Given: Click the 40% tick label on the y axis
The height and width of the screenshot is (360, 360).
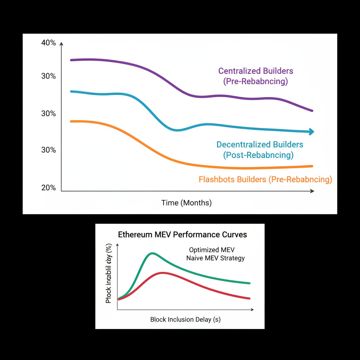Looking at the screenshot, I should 49,43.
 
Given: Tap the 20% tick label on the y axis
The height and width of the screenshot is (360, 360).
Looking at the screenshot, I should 49,188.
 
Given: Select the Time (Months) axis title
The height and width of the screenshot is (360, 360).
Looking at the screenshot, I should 186,203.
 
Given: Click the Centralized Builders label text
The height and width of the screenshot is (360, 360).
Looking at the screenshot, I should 256,71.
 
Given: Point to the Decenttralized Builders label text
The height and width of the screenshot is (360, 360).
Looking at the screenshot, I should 260,144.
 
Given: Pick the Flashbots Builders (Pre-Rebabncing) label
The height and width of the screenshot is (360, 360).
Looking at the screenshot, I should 265,180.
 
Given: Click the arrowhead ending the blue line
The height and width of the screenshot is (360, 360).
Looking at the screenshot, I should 311,132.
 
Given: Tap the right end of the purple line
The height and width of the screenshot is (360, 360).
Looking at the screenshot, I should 312,111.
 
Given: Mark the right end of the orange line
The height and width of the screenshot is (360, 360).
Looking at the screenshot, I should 312,166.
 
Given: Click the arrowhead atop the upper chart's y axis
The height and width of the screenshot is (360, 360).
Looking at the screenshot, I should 62,44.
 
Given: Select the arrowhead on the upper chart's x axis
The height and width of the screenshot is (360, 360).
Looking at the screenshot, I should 312,191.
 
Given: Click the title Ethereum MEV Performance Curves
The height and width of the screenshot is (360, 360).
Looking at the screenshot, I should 182,234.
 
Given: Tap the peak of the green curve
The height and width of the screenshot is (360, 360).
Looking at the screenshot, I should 152,253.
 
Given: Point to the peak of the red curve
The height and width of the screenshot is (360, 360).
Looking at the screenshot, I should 162,272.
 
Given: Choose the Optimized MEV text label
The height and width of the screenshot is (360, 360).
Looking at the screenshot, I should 212,250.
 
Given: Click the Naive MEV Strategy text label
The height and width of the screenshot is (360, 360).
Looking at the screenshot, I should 215,258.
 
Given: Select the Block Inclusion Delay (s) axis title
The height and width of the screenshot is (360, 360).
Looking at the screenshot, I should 185,320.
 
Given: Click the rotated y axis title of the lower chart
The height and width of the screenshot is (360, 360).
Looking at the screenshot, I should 109,273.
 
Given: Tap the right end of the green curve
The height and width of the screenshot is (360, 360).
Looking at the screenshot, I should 250,283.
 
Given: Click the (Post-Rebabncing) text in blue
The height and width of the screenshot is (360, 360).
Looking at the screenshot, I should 258,155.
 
